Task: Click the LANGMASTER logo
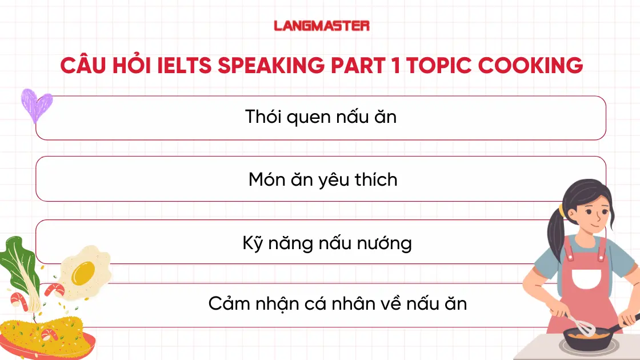pyautogui.click(x=322, y=26)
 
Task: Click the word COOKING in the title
pyautogui.click(x=530, y=66)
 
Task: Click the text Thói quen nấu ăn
pyautogui.click(x=321, y=117)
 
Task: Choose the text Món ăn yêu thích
pyautogui.click(x=323, y=179)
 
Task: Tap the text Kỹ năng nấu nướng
pyautogui.click(x=327, y=243)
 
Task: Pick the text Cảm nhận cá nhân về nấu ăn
pyautogui.click(x=337, y=303)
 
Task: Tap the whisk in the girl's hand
pyautogui.click(x=583, y=326)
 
